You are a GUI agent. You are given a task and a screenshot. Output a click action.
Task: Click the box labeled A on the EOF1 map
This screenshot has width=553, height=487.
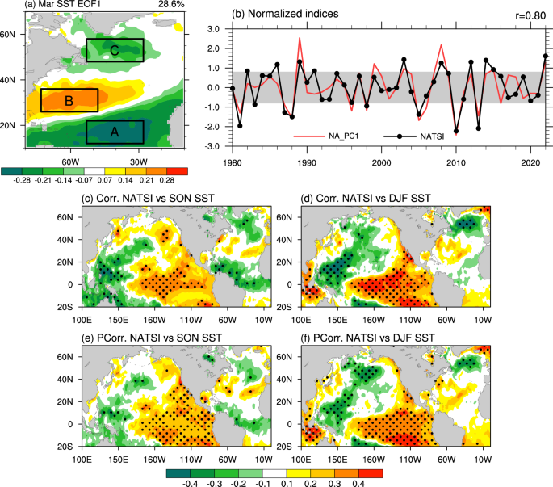point(115,132)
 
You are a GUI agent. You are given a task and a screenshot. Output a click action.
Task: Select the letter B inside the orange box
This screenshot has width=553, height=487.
point(69,101)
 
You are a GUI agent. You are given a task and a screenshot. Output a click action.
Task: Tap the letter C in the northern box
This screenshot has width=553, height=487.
point(115,51)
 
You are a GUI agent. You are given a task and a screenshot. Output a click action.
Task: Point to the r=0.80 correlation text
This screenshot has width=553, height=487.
point(526,15)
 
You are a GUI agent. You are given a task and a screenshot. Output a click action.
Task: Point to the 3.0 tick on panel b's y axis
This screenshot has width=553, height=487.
point(213,28)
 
